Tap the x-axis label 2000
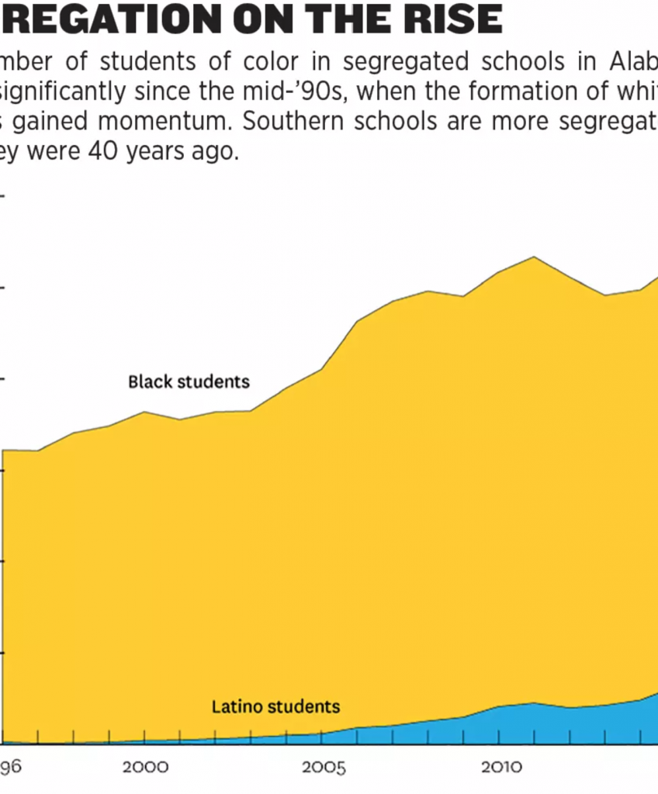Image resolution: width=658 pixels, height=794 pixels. (x=145, y=768)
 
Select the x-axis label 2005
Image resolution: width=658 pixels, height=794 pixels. (x=324, y=768)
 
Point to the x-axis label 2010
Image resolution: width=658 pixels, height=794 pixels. (x=501, y=768)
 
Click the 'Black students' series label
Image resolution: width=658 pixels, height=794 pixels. (x=189, y=381)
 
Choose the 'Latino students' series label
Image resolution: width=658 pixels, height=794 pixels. (x=275, y=706)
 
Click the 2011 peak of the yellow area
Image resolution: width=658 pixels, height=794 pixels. (x=534, y=257)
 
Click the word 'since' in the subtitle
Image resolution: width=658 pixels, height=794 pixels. (x=160, y=92)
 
